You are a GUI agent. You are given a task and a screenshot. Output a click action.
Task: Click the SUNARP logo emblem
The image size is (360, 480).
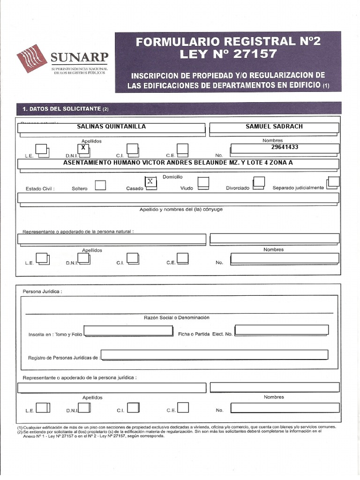(x=32, y=58)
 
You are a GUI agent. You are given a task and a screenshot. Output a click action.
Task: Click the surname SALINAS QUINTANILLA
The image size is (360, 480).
(x=111, y=127)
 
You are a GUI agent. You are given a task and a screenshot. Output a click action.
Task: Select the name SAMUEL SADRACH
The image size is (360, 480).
(x=274, y=127)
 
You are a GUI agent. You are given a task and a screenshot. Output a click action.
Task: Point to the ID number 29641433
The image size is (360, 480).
(x=285, y=147)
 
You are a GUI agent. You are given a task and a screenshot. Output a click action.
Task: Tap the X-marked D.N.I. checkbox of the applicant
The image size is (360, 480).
(x=83, y=149)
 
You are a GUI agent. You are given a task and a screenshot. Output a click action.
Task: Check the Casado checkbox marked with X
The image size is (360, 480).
(x=150, y=182)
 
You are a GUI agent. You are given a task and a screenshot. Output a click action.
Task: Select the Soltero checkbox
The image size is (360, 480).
(x=100, y=185)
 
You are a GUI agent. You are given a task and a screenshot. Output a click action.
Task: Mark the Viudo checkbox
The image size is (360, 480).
(x=203, y=182)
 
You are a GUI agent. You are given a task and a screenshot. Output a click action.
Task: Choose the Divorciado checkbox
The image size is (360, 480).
(x=259, y=182)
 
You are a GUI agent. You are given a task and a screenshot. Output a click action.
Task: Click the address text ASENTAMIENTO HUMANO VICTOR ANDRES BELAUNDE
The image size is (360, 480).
(x=178, y=163)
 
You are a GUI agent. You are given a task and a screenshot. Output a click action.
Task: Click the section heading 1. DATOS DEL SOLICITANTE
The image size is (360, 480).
(x=66, y=109)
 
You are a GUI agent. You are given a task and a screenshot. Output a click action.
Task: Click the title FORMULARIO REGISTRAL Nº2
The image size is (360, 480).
(x=228, y=42)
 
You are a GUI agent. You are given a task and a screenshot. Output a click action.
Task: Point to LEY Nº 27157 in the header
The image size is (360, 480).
(x=228, y=54)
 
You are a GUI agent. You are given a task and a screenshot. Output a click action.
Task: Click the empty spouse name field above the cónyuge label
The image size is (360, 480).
(x=178, y=198)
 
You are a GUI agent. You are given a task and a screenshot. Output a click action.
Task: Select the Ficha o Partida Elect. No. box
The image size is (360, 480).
(x=281, y=330)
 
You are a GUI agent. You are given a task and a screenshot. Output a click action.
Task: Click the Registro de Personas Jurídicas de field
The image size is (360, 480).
(x=214, y=355)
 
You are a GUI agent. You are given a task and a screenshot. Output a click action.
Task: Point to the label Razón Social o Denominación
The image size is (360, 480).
(x=176, y=318)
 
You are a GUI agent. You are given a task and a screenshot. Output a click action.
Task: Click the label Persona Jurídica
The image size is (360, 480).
(x=42, y=292)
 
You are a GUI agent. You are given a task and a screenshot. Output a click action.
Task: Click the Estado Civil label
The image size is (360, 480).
(x=40, y=189)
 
